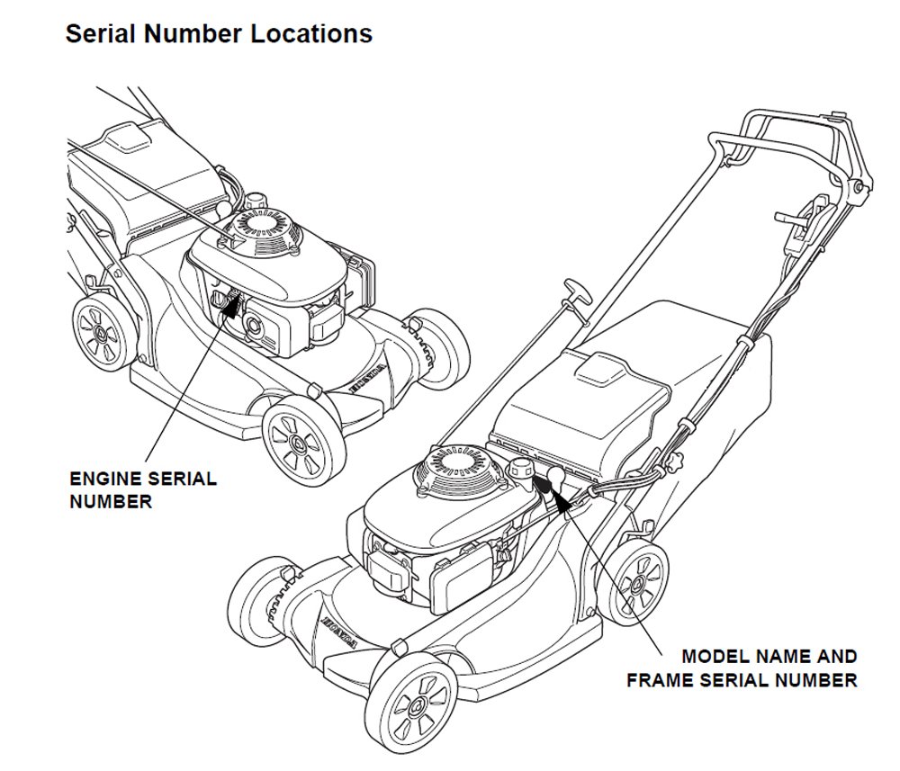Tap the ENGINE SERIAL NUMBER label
coord(142,489)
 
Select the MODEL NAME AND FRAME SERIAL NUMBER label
coord(742,668)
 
